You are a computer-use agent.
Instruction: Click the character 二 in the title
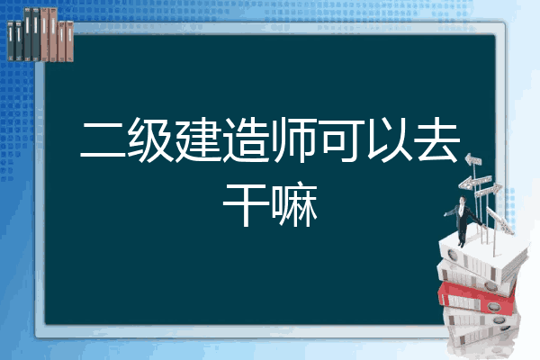(103, 139)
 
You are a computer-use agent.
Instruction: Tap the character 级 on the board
(151, 139)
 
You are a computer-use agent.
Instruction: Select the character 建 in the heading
(198, 139)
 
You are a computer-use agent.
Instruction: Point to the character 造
(246, 139)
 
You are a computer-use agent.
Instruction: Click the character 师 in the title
(293, 139)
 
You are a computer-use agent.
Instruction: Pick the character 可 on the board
(342, 139)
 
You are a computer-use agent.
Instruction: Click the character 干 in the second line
(246, 204)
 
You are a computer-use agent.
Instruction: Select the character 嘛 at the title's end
(294, 204)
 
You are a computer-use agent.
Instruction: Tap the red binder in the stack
(477, 298)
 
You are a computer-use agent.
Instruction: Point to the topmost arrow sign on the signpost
(473, 160)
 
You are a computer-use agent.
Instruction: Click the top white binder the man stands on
(482, 254)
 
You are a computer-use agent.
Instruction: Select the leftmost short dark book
(11, 41)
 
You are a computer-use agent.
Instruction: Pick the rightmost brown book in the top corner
(69, 41)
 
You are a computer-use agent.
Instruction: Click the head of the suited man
(462, 201)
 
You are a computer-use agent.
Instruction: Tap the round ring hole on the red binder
(492, 306)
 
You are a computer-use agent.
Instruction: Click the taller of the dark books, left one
(28, 34)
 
